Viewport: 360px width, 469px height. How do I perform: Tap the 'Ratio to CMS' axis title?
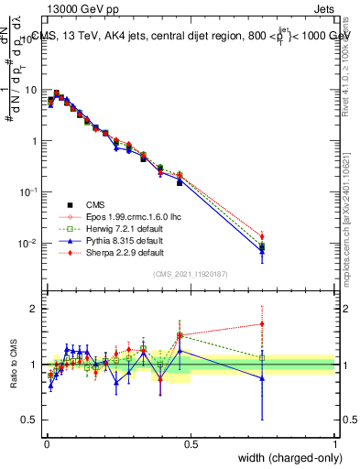tap(13, 364)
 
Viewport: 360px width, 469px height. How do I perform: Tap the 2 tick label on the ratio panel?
tap(35, 309)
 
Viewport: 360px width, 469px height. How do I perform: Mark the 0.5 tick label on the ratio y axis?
tap(31, 420)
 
